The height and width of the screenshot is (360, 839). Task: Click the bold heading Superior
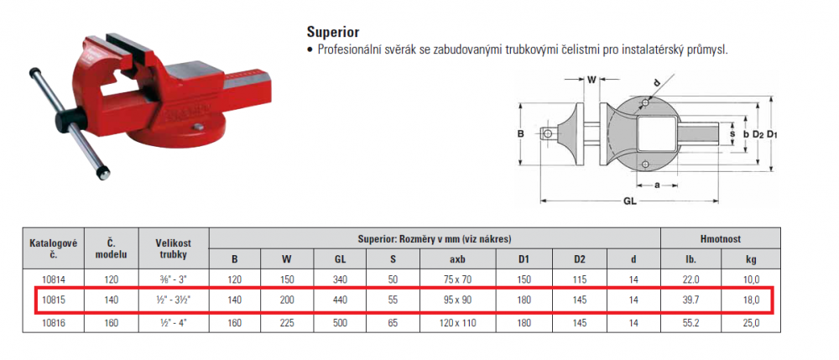(x=333, y=32)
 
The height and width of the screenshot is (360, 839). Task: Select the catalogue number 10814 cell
(x=54, y=279)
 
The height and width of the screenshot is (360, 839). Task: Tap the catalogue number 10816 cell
(x=54, y=322)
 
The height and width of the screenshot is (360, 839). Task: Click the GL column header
(x=341, y=259)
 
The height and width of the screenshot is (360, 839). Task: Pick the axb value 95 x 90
(x=458, y=300)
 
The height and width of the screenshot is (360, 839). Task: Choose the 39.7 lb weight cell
(x=690, y=300)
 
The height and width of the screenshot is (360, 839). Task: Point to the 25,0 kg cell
(x=751, y=322)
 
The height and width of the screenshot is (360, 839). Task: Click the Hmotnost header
(x=720, y=239)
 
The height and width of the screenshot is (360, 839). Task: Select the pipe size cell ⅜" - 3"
(x=174, y=279)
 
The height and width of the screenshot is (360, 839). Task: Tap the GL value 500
(x=341, y=322)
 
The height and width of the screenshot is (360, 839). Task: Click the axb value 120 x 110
(x=458, y=322)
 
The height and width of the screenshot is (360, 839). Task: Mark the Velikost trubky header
(x=174, y=248)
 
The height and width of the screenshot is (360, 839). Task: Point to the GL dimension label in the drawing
(x=630, y=203)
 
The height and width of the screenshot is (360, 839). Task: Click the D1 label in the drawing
(x=771, y=134)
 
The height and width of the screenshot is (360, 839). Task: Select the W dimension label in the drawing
(x=591, y=81)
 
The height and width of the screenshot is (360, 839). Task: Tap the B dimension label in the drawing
(x=520, y=134)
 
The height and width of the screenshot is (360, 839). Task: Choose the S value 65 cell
(x=393, y=322)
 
